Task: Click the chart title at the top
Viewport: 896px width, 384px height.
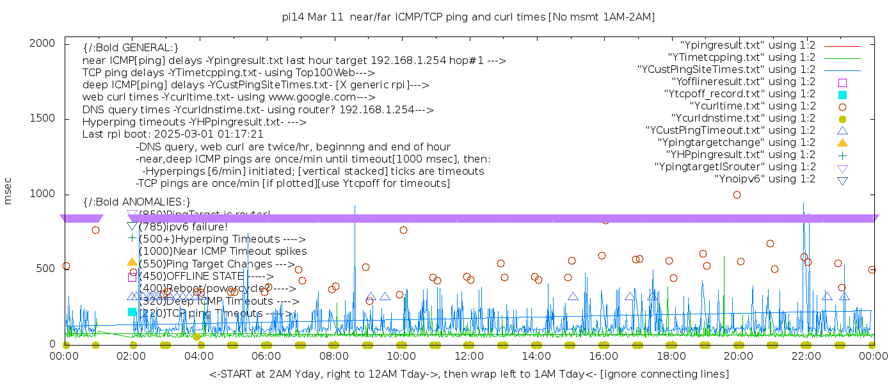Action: point(468,17)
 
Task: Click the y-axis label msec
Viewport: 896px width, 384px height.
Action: point(8,191)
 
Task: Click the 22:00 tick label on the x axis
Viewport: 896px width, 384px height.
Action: point(806,356)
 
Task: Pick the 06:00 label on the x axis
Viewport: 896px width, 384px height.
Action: point(266,356)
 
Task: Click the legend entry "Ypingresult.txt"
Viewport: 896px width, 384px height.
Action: point(748,45)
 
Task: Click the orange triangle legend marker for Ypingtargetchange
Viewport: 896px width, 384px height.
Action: point(842,143)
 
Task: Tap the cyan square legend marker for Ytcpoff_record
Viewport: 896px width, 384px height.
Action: point(842,94)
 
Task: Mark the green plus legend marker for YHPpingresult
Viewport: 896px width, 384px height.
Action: point(842,155)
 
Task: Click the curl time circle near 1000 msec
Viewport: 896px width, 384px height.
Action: point(737,195)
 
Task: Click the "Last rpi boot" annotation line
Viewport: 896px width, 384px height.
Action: point(173,134)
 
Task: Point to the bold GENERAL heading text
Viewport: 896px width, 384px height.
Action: point(131,49)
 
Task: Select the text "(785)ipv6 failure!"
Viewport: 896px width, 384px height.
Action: point(183,227)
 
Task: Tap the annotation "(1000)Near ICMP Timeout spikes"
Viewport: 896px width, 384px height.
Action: point(223,251)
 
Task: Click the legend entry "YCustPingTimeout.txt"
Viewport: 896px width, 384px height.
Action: point(730,131)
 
